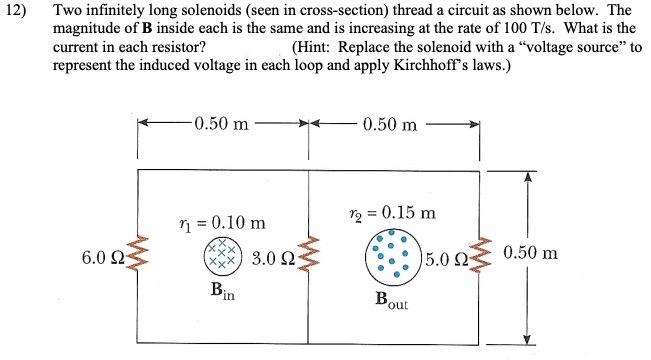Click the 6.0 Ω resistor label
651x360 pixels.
(103, 259)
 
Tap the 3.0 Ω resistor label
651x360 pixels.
(271, 260)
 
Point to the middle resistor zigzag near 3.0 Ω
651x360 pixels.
(309, 258)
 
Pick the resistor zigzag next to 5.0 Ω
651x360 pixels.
(482, 259)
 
